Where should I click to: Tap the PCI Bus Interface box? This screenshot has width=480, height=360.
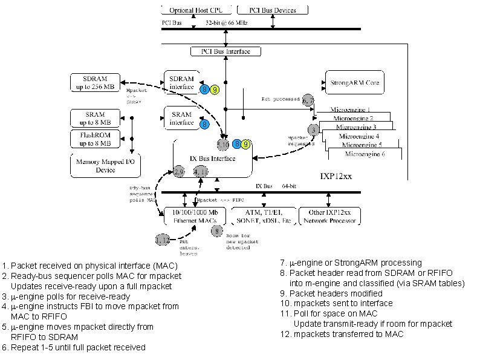[x=221, y=52]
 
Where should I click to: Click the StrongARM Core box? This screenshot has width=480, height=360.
[x=355, y=82]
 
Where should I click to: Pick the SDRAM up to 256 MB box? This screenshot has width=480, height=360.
[x=96, y=82]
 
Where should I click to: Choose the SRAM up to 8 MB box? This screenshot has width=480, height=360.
[x=96, y=118]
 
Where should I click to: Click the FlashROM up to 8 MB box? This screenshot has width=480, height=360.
[x=96, y=139]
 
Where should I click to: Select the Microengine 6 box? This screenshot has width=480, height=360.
[x=365, y=155]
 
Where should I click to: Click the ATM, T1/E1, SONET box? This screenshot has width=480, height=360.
[x=265, y=217]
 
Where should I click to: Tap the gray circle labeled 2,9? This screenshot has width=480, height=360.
[x=179, y=172]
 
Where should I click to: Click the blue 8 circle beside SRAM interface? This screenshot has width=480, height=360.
[x=205, y=124]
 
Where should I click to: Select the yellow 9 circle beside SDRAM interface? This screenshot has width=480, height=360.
[x=215, y=89]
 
